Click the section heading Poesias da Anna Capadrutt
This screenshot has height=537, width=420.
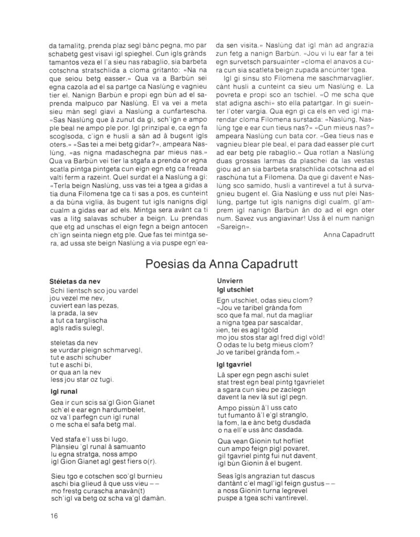[x=209, y=265]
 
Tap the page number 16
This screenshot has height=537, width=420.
[x=48, y=515]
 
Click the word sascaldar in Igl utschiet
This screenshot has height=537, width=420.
[x=286, y=323]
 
